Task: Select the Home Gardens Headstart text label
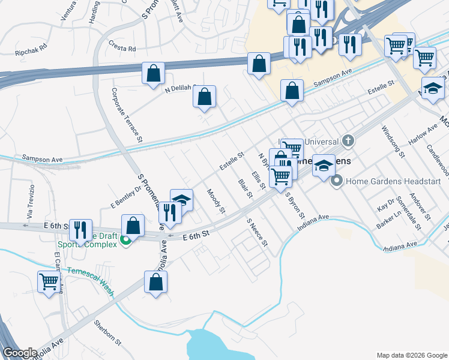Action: point(393,181)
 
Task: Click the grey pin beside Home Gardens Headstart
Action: point(337,180)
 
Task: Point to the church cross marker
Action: point(348,142)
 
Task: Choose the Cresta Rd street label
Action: point(122,46)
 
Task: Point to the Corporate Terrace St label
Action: point(127,115)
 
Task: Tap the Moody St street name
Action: point(215,202)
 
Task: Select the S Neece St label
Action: point(258,235)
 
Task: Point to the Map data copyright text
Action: point(411,355)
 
